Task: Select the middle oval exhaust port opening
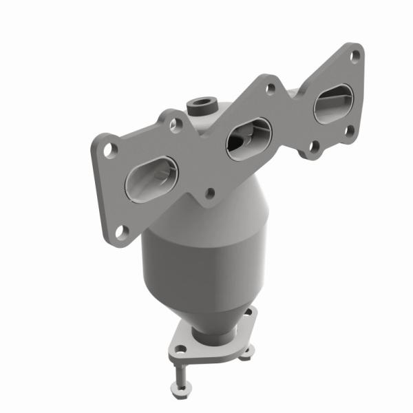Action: [249, 138]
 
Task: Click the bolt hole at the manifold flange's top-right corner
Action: [355, 56]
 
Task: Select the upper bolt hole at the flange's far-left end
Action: [109, 147]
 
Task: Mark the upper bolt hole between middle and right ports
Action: [271, 88]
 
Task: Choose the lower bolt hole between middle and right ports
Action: [314, 146]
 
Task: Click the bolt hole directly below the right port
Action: [348, 131]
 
